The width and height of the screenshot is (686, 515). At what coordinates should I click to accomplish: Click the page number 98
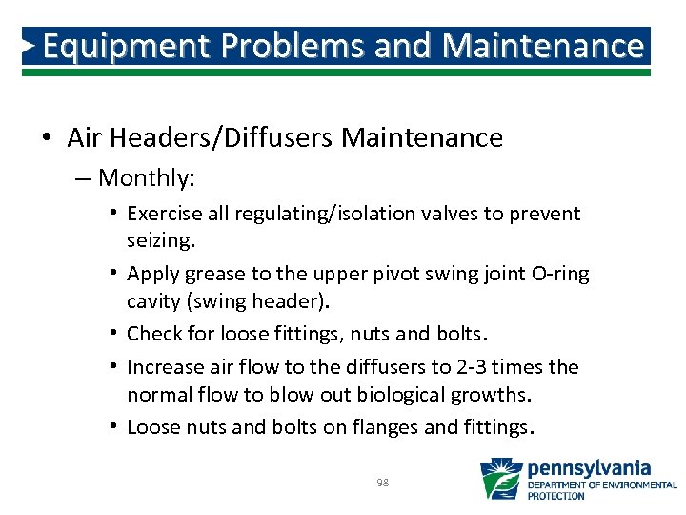383,483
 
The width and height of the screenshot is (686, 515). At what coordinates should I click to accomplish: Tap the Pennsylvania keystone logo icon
500,479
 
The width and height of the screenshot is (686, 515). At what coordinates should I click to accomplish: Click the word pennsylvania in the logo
590,468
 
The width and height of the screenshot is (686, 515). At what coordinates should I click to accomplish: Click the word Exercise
160,214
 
